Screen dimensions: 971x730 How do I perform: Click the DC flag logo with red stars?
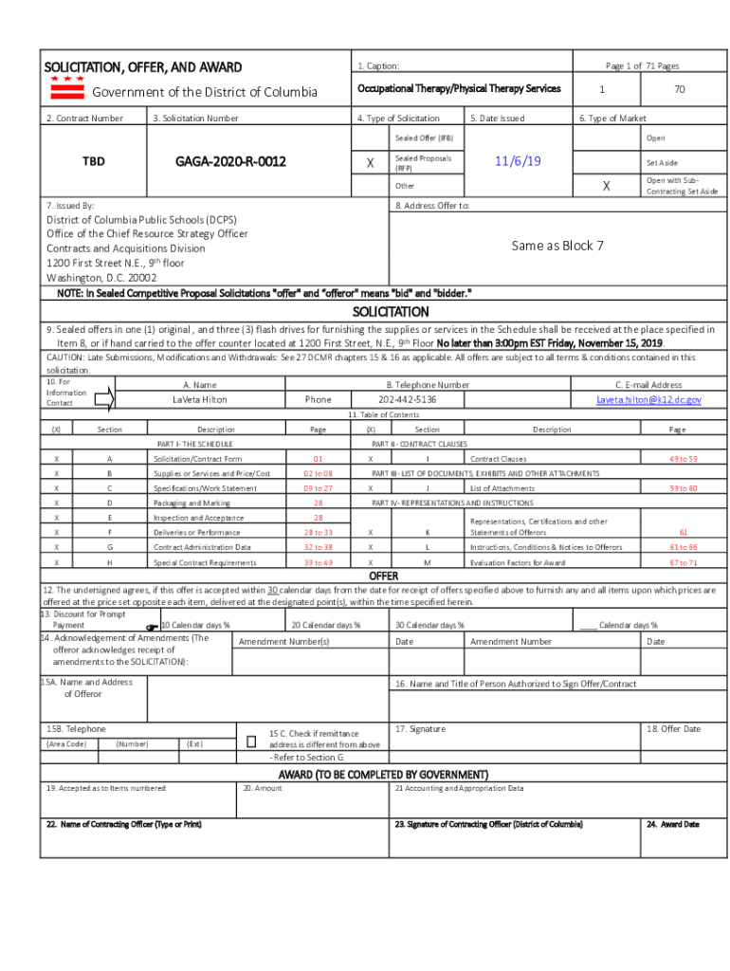[66, 88]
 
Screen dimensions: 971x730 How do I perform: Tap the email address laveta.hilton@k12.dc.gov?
[648, 400]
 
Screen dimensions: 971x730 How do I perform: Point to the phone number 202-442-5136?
[408, 400]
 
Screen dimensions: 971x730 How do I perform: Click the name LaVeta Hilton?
[199, 400]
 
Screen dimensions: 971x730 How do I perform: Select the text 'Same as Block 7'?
[557, 246]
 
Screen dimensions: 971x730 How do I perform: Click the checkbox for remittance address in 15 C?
[251, 740]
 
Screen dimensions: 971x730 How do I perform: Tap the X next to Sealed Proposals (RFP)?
[370, 163]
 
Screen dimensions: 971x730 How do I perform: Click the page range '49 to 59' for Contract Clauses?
[683, 459]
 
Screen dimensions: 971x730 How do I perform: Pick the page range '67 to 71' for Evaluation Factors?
[683, 562]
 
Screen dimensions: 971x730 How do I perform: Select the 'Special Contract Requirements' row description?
[205, 562]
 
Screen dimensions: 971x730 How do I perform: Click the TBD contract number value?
[93, 161]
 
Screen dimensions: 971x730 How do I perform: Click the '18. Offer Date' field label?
[673, 729]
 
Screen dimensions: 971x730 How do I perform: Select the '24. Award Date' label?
[672, 824]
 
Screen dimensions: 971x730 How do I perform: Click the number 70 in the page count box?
[679, 89]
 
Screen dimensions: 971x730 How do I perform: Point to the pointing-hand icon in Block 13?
[151, 627]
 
